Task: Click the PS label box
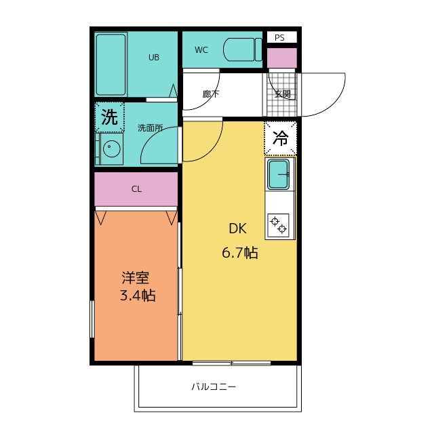[x=282, y=37]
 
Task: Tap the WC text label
[x=201, y=50]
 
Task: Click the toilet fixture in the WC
[x=243, y=50]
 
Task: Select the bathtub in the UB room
[x=111, y=65]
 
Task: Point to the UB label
[x=154, y=57]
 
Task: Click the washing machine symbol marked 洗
[x=110, y=117]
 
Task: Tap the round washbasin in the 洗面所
[x=112, y=149]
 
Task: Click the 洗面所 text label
[x=151, y=128]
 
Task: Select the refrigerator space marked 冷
[x=280, y=138]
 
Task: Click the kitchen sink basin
[x=279, y=174]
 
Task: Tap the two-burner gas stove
[x=279, y=225]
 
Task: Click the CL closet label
[x=136, y=189]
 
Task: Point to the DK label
[x=237, y=229]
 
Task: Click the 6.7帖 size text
[x=240, y=253]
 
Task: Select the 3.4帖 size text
[x=138, y=296]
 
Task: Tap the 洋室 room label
[x=136, y=277]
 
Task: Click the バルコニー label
[x=214, y=386]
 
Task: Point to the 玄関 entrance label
[x=283, y=94]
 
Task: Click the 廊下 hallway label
[x=211, y=94]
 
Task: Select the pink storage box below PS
[x=282, y=58]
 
